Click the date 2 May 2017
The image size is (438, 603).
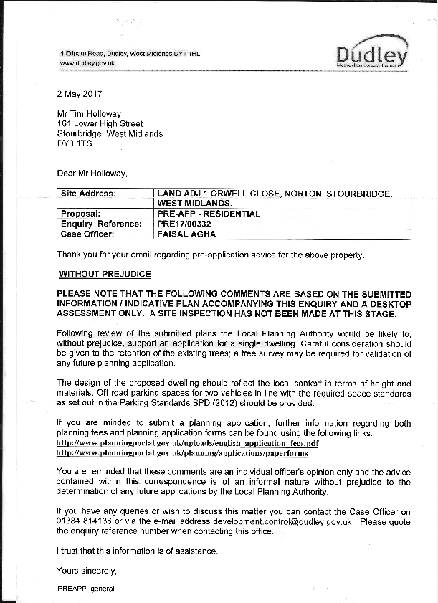(80, 93)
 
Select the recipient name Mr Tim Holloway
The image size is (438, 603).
(89, 113)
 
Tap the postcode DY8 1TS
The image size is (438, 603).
(75, 143)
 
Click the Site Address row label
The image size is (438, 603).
(88, 194)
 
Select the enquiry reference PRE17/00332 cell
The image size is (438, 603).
(184, 224)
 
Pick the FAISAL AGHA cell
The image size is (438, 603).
(186, 234)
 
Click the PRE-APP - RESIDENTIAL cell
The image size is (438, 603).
(209, 214)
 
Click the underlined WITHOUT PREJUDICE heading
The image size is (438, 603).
(105, 274)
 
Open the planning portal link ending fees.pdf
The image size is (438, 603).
(187, 444)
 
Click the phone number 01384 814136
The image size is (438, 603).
(82, 522)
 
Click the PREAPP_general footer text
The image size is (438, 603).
(85, 588)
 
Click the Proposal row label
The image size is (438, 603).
(80, 214)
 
